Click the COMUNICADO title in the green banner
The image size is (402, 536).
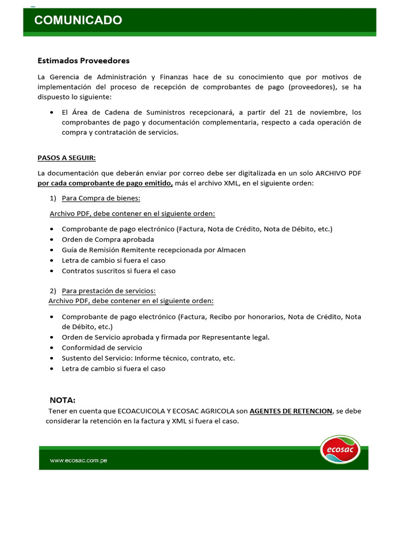(x=78, y=20)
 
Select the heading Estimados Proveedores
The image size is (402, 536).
(x=83, y=61)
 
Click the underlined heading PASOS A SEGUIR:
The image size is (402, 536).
(x=66, y=158)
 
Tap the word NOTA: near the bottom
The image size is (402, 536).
(x=62, y=400)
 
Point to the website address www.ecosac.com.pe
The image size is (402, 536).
(x=79, y=461)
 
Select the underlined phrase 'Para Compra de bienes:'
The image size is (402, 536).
(x=101, y=198)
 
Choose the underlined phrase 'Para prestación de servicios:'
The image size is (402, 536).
(x=109, y=291)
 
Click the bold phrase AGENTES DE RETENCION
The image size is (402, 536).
(x=291, y=411)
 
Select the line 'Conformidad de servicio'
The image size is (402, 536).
(x=102, y=348)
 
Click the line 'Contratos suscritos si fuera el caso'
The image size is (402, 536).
(x=119, y=271)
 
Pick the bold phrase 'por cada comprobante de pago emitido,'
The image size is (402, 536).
(x=105, y=183)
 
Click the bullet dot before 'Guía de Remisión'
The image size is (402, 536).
(x=52, y=250)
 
